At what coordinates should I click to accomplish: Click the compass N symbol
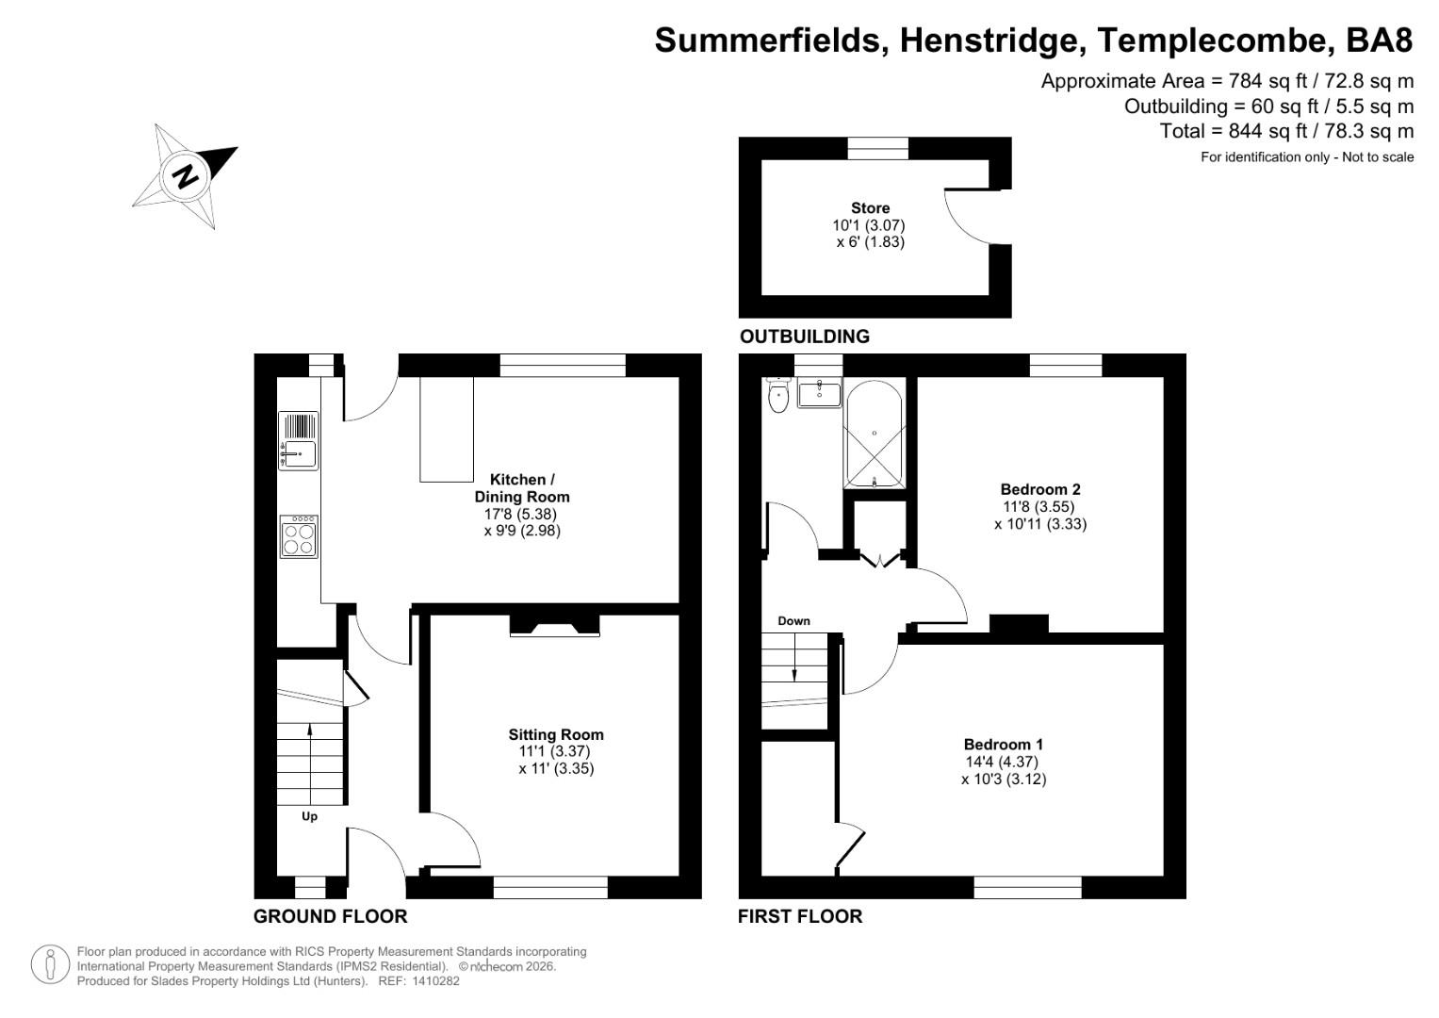[187, 176]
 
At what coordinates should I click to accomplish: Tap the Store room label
[870, 208]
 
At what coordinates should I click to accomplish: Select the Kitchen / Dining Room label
[521, 488]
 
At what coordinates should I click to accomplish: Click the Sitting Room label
[556, 735]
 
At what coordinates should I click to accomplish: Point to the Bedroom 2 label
[1039, 489]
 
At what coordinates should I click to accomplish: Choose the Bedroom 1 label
[1003, 745]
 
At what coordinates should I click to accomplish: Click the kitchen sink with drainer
[299, 441]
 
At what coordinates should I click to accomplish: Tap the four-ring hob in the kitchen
[299, 536]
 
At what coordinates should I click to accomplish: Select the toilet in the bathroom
[778, 396]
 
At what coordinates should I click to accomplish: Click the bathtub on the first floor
[875, 435]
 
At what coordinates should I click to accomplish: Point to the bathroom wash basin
[819, 393]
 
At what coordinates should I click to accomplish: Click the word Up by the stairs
[309, 816]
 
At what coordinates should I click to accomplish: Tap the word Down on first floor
[793, 621]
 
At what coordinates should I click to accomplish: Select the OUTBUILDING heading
[804, 337]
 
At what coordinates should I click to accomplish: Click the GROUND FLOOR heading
[330, 916]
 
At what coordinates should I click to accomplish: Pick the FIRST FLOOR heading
[799, 916]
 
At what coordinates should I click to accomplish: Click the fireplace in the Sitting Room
[555, 626]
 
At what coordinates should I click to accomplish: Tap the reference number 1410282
[431, 981]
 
